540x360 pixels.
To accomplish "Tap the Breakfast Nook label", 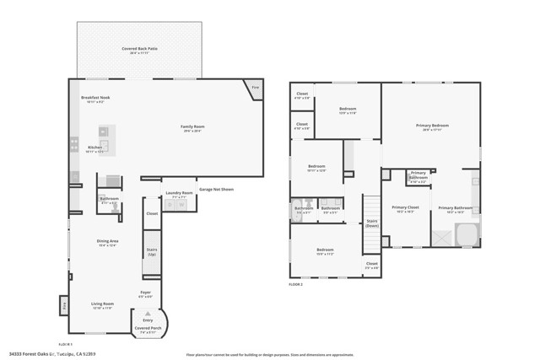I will (x=94, y=99).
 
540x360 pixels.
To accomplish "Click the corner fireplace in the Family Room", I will (x=255, y=87).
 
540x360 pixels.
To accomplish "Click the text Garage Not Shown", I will (x=216, y=190).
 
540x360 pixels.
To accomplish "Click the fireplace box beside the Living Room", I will (x=63, y=305).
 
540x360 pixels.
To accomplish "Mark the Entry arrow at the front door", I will (x=148, y=314).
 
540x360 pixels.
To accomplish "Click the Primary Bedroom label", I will (x=431, y=126).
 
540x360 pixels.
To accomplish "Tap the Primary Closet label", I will (x=406, y=208).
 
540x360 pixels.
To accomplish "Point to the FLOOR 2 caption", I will (x=295, y=285).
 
